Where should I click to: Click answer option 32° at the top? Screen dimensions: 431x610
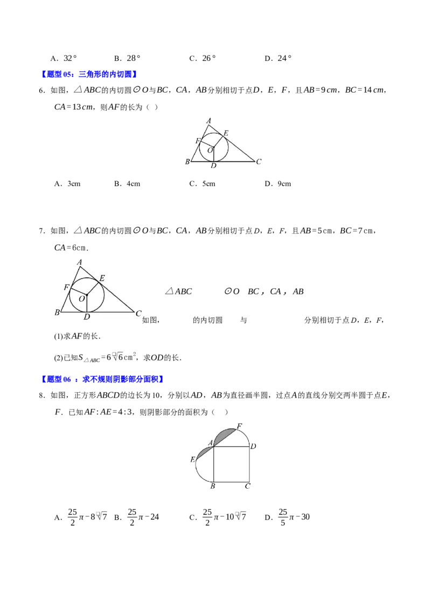click(70, 58)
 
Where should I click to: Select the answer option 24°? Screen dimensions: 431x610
click(284, 58)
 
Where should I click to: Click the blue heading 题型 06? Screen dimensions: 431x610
click(102, 379)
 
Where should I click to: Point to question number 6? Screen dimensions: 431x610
click(42, 90)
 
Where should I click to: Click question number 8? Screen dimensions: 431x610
click(42, 396)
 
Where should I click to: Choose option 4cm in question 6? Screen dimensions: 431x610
click(134, 184)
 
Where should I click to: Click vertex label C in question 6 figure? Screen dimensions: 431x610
click(259, 162)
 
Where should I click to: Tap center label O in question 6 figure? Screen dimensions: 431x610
click(210, 150)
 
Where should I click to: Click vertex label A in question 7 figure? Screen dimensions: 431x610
click(79, 262)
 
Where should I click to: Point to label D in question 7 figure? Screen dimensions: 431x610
click(87, 317)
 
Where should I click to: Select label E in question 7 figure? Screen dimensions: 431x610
click(102, 278)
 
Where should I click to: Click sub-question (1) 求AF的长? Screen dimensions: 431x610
click(77, 336)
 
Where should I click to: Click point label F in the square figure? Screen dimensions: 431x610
click(239, 426)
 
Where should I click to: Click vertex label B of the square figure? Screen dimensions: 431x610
click(213, 486)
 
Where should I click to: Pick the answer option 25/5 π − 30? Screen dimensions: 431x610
click(294, 517)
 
